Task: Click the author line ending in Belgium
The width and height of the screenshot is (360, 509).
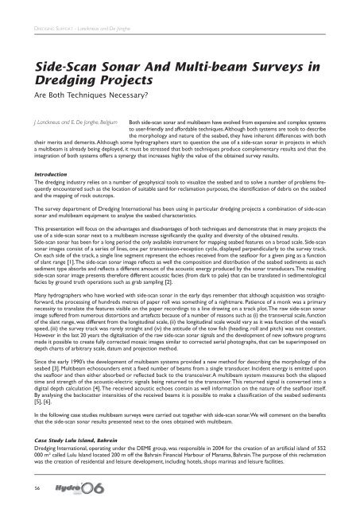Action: pyautogui.click(x=68, y=125)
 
